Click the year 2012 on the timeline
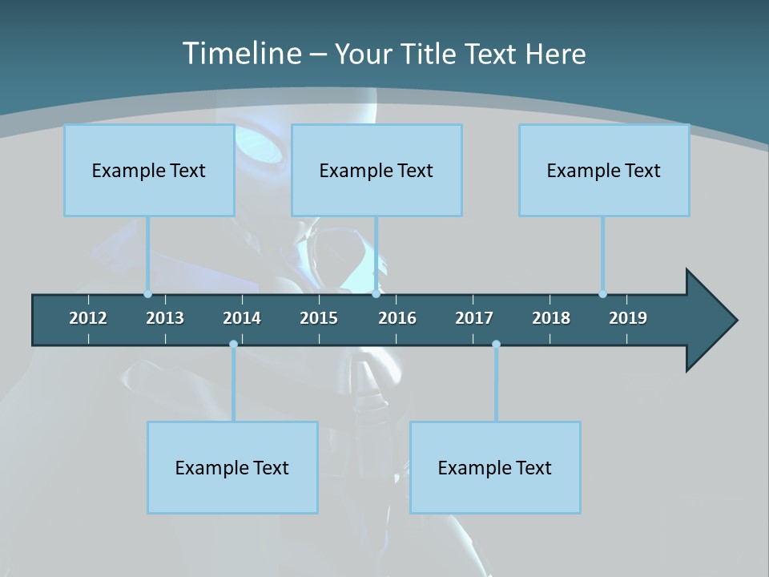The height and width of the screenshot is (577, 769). coord(88,318)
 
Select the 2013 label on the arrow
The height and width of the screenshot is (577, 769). coord(165,318)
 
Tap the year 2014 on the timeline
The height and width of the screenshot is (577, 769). coord(242,318)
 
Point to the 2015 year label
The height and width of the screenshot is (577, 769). coord(319,318)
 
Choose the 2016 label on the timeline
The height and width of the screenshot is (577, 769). coord(397,318)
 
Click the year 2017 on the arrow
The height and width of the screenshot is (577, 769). coord(474,318)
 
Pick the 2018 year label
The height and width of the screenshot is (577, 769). coord(551,318)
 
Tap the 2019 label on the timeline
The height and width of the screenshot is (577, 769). coord(628,318)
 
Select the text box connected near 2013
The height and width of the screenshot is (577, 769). coord(149,170)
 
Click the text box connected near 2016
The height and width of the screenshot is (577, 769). coord(376,170)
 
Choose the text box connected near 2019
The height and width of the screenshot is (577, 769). coord(604,170)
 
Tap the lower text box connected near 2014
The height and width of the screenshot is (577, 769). coord(232,467)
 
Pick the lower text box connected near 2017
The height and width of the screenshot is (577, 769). coord(495,467)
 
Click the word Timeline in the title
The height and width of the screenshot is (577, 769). coord(240,54)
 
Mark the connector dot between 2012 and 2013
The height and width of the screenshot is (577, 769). coord(148,294)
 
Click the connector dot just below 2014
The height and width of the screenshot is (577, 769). coord(233,345)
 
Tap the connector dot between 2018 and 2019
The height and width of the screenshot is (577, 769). coord(602,294)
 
